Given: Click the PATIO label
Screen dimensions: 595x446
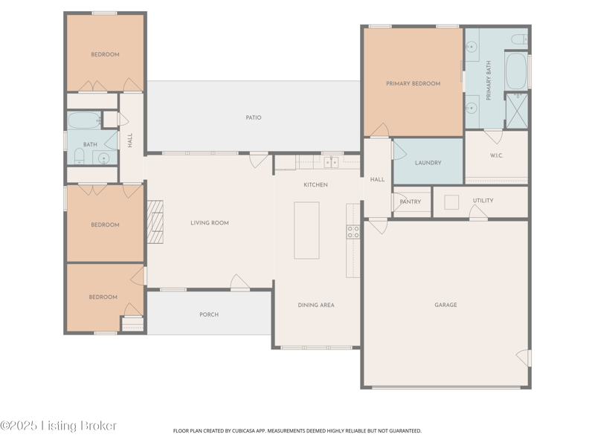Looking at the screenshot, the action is click(x=254, y=117).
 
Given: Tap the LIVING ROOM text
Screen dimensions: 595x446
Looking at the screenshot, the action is click(x=210, y=223).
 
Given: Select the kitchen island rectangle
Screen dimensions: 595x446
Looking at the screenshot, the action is click(x=306, y=230).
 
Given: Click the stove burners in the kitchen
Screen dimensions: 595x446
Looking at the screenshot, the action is click(x=353, y=232).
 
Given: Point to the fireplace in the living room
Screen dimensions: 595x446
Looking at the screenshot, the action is click(x=155, y=222).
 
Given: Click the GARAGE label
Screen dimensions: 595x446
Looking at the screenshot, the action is click(x=446, y=305).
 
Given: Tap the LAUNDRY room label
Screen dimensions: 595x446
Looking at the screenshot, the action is click(x=428, y=163).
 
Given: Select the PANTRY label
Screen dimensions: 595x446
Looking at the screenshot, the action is click(x=411, y=201).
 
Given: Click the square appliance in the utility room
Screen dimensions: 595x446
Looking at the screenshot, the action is click(x=451, y=202).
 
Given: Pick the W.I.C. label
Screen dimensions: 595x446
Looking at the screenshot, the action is click(x=496, y=155).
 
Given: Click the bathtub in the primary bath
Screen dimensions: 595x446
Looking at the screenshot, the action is click(x=516, y=71).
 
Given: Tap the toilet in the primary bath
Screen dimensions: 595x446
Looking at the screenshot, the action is click(x=519, y=39).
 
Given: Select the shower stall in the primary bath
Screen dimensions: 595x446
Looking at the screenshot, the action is click(x=517, y=111).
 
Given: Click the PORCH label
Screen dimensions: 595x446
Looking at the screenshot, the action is click(x=209, y=314).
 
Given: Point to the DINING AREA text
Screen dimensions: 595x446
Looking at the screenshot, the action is click(x=316, y=306).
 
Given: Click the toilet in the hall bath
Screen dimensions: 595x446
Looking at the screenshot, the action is click(x=80, y=157).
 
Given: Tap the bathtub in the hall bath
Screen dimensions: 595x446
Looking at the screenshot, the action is click(x=84, y=120).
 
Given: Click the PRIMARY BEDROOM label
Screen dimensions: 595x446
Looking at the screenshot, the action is click(x=414, y=84).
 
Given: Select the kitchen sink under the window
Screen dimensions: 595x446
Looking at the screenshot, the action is click(x=331, y=162).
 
